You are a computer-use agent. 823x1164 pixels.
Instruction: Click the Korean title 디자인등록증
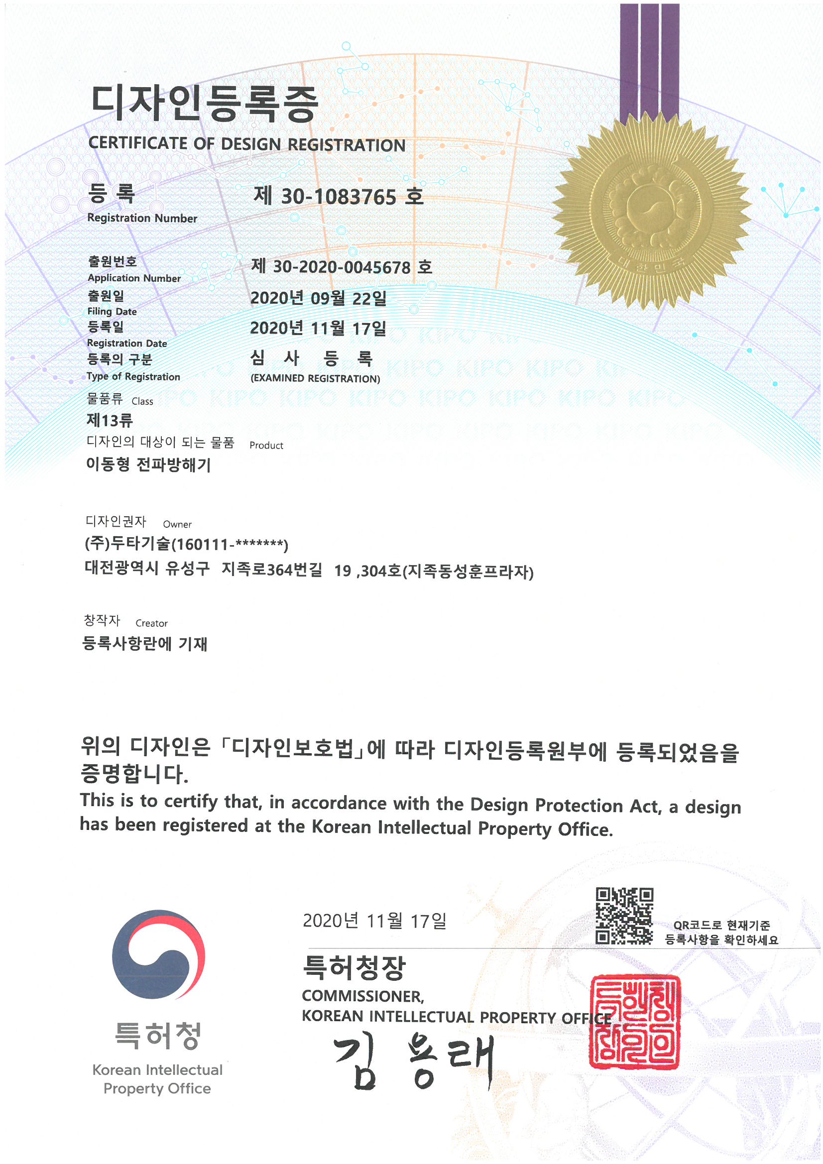204,104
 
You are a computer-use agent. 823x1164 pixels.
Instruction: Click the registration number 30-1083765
338,197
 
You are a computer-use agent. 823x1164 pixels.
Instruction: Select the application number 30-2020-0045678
341,267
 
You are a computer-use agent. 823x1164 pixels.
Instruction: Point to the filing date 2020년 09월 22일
318,298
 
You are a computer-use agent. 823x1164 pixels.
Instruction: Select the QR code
624,916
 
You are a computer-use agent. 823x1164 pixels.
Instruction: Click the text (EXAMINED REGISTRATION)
315,379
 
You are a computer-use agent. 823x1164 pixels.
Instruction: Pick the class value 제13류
110,420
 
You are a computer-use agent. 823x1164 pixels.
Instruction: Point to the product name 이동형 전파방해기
148,465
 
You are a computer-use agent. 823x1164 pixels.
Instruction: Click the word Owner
177,525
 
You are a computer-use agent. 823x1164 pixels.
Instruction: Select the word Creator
151,623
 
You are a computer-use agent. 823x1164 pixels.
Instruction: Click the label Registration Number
142,218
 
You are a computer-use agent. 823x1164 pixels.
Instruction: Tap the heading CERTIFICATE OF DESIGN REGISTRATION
246,144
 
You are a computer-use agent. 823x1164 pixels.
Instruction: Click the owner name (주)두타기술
127,544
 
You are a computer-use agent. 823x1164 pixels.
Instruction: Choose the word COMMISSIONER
362,996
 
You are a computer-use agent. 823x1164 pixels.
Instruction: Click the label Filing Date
112,311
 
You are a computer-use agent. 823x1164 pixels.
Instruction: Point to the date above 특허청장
374,921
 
